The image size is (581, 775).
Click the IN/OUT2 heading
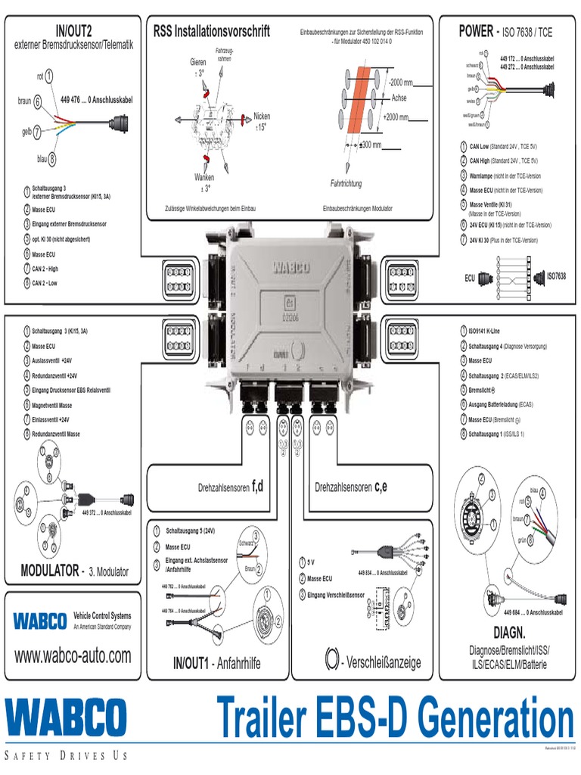pyautogui.click(x=73, y=31)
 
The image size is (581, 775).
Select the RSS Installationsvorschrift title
pyautogui.click(x=211, y=32)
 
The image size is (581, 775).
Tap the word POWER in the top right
pyautogui.click(x=475, y=31)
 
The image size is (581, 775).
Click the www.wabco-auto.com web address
pyautogui.click(x=73, y=655)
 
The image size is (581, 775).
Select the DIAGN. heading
pyautogui.click(x=509, y=631)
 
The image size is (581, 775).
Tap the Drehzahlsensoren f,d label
pyautogui.click(x=230, y=487)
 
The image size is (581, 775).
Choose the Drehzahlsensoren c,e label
pyautogui.click(x=351, y=487)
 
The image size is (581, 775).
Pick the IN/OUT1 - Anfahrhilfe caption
pyautogui.click(x=216, y=663)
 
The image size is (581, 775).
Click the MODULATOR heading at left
pyautogui.click(x=51, y=570)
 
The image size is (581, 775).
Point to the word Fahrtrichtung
pyautogui.click(x=346, y=184)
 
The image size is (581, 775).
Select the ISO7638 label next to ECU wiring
pyautogui.click(x=556, y=278)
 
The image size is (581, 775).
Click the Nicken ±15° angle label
pyautogui.click(x=262, y=122)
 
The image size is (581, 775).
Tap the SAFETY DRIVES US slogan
pyautogui.click(x=67, y=755)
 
